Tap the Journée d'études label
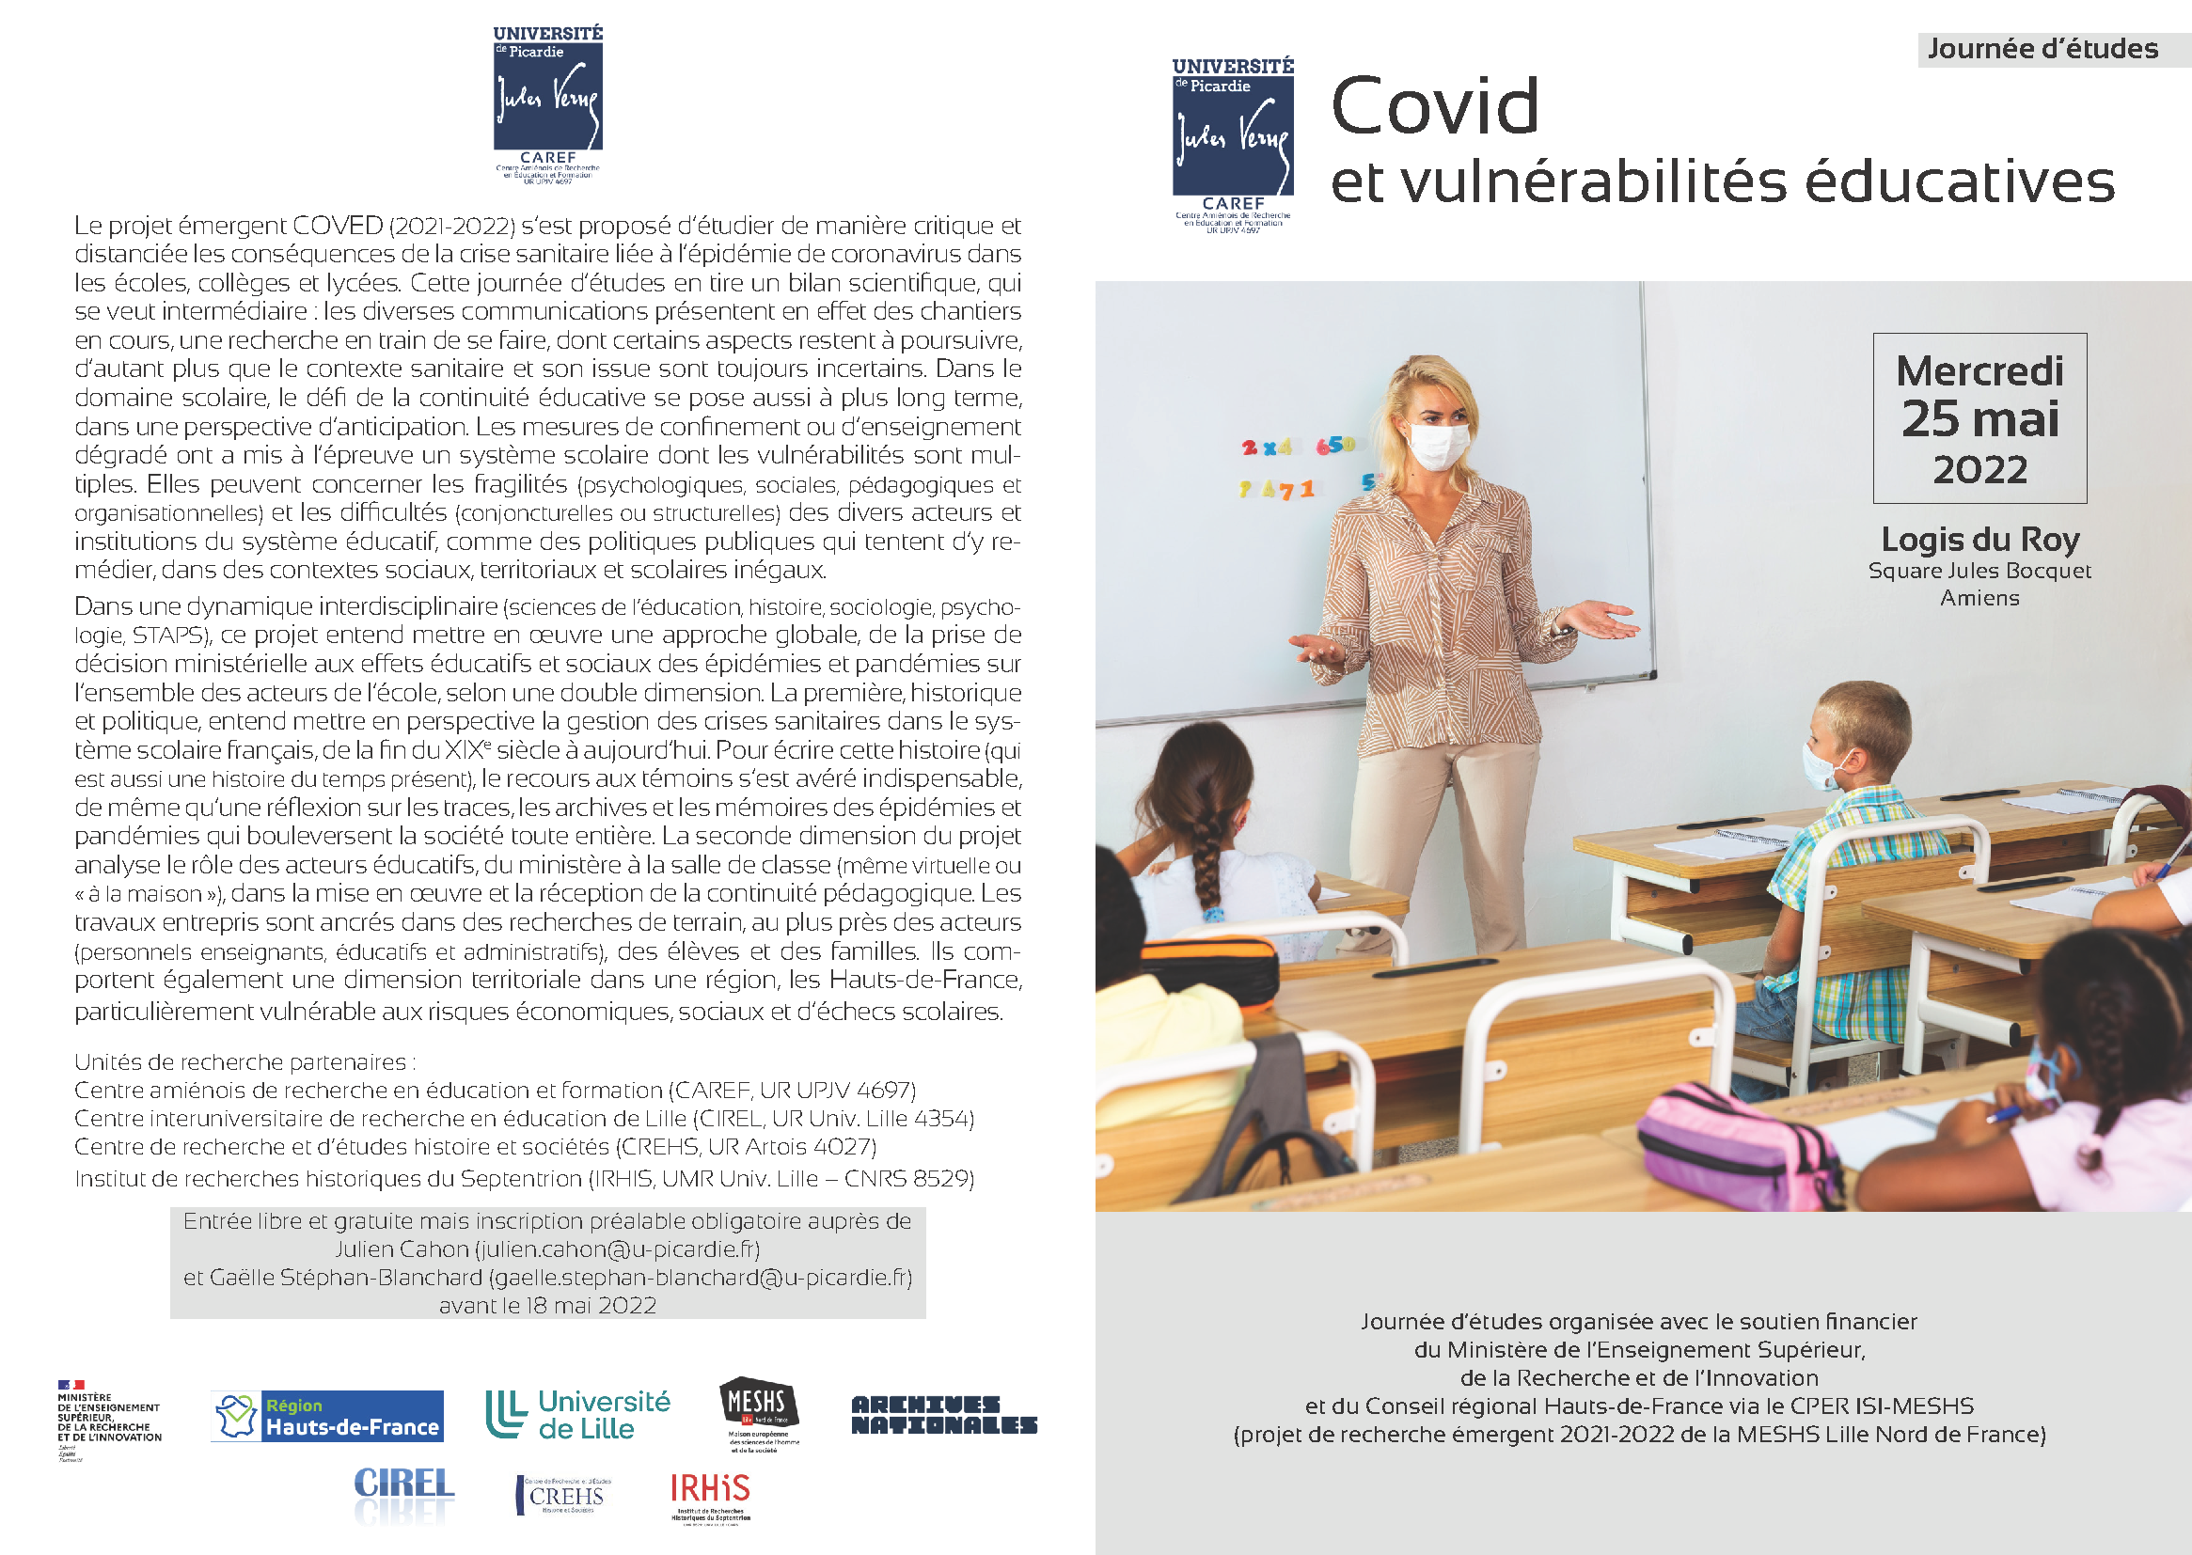2042,49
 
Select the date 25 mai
1979,418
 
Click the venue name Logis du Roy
1979,539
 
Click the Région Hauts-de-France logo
327,1416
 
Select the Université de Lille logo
577,1414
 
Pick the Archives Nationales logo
944,1414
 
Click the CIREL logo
403,1485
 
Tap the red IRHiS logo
710,1490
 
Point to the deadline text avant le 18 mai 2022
547,1306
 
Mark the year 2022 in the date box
1979,470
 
